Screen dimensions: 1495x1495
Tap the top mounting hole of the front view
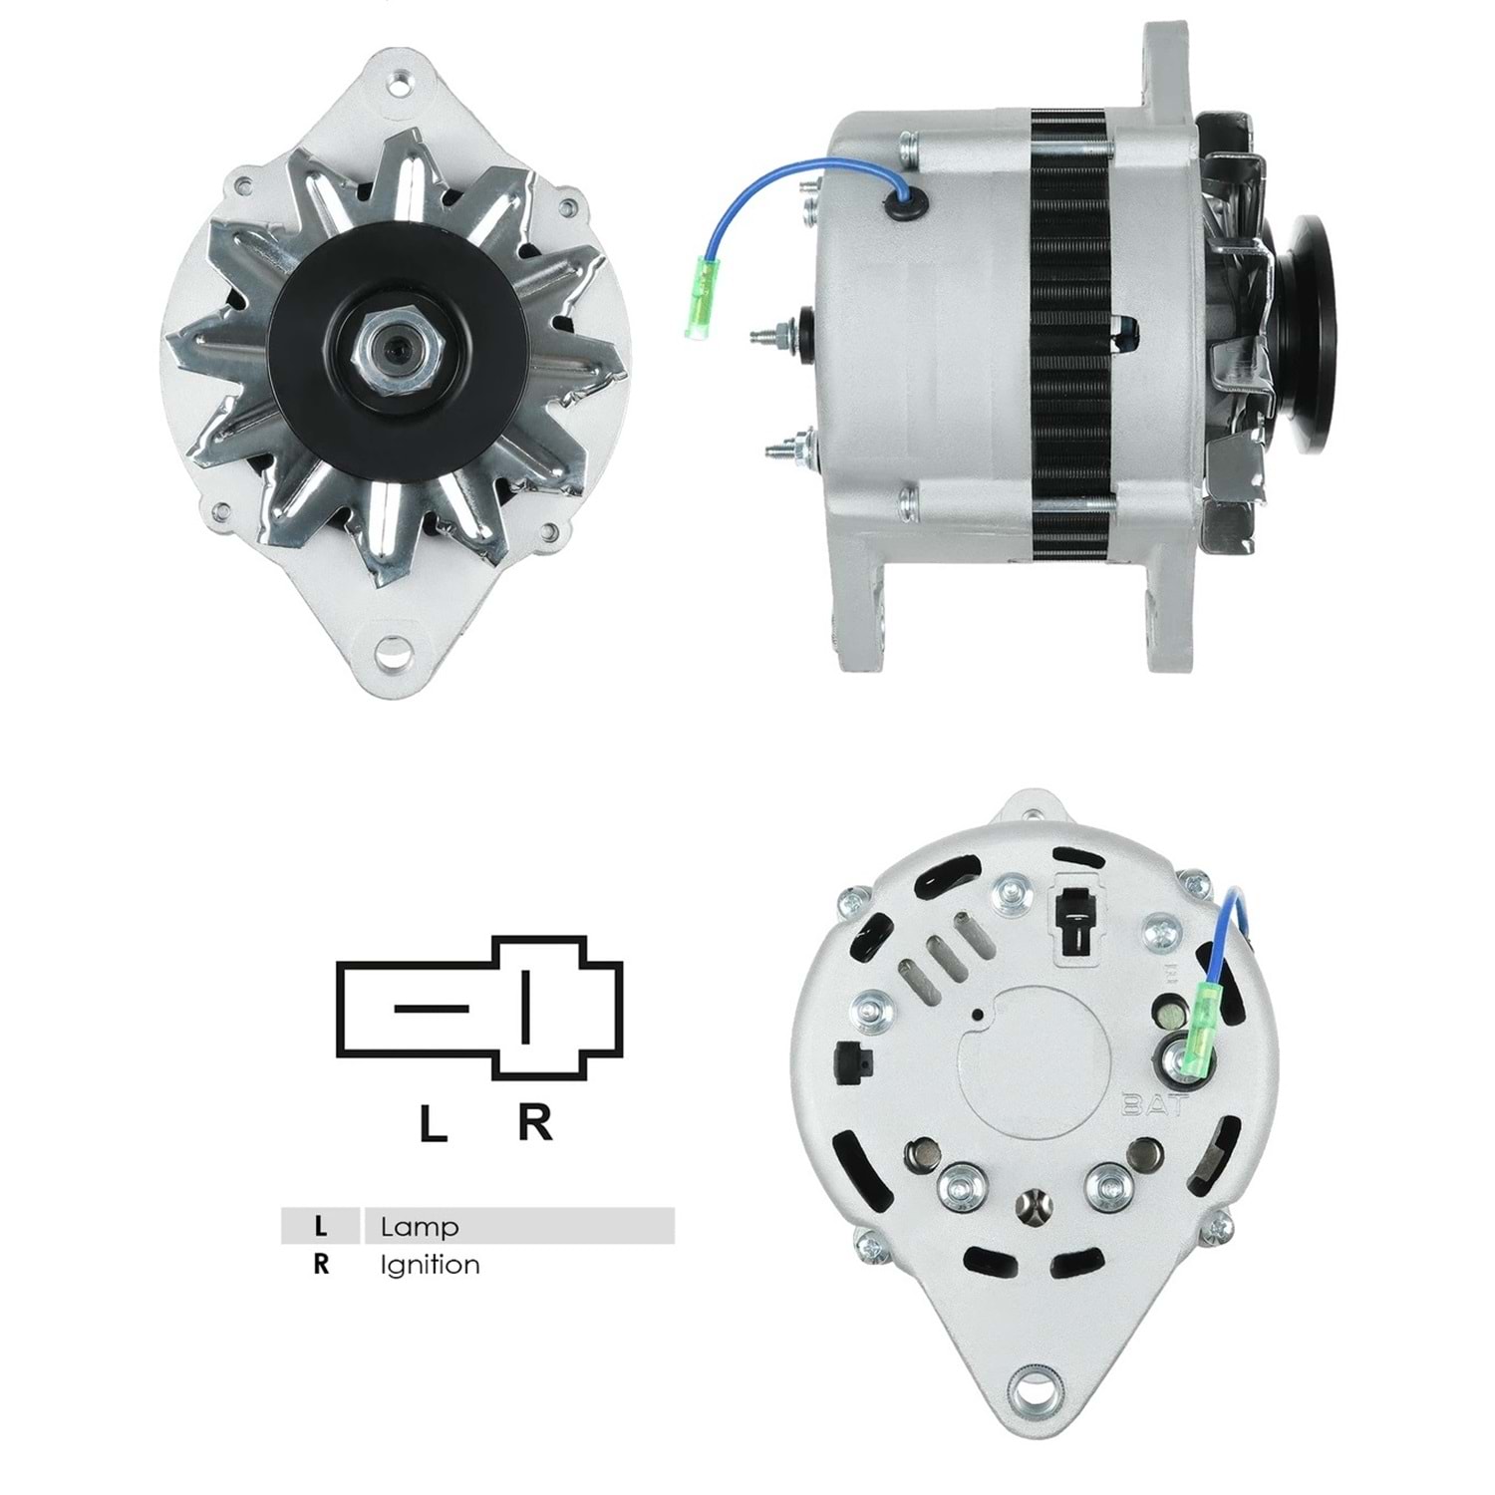(x=399, y=84)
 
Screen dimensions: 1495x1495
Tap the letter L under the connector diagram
(x=433, y=1123)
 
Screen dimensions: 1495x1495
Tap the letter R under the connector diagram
(x=535, y=1122)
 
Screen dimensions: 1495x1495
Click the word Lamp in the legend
(x=420, y=1226)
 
